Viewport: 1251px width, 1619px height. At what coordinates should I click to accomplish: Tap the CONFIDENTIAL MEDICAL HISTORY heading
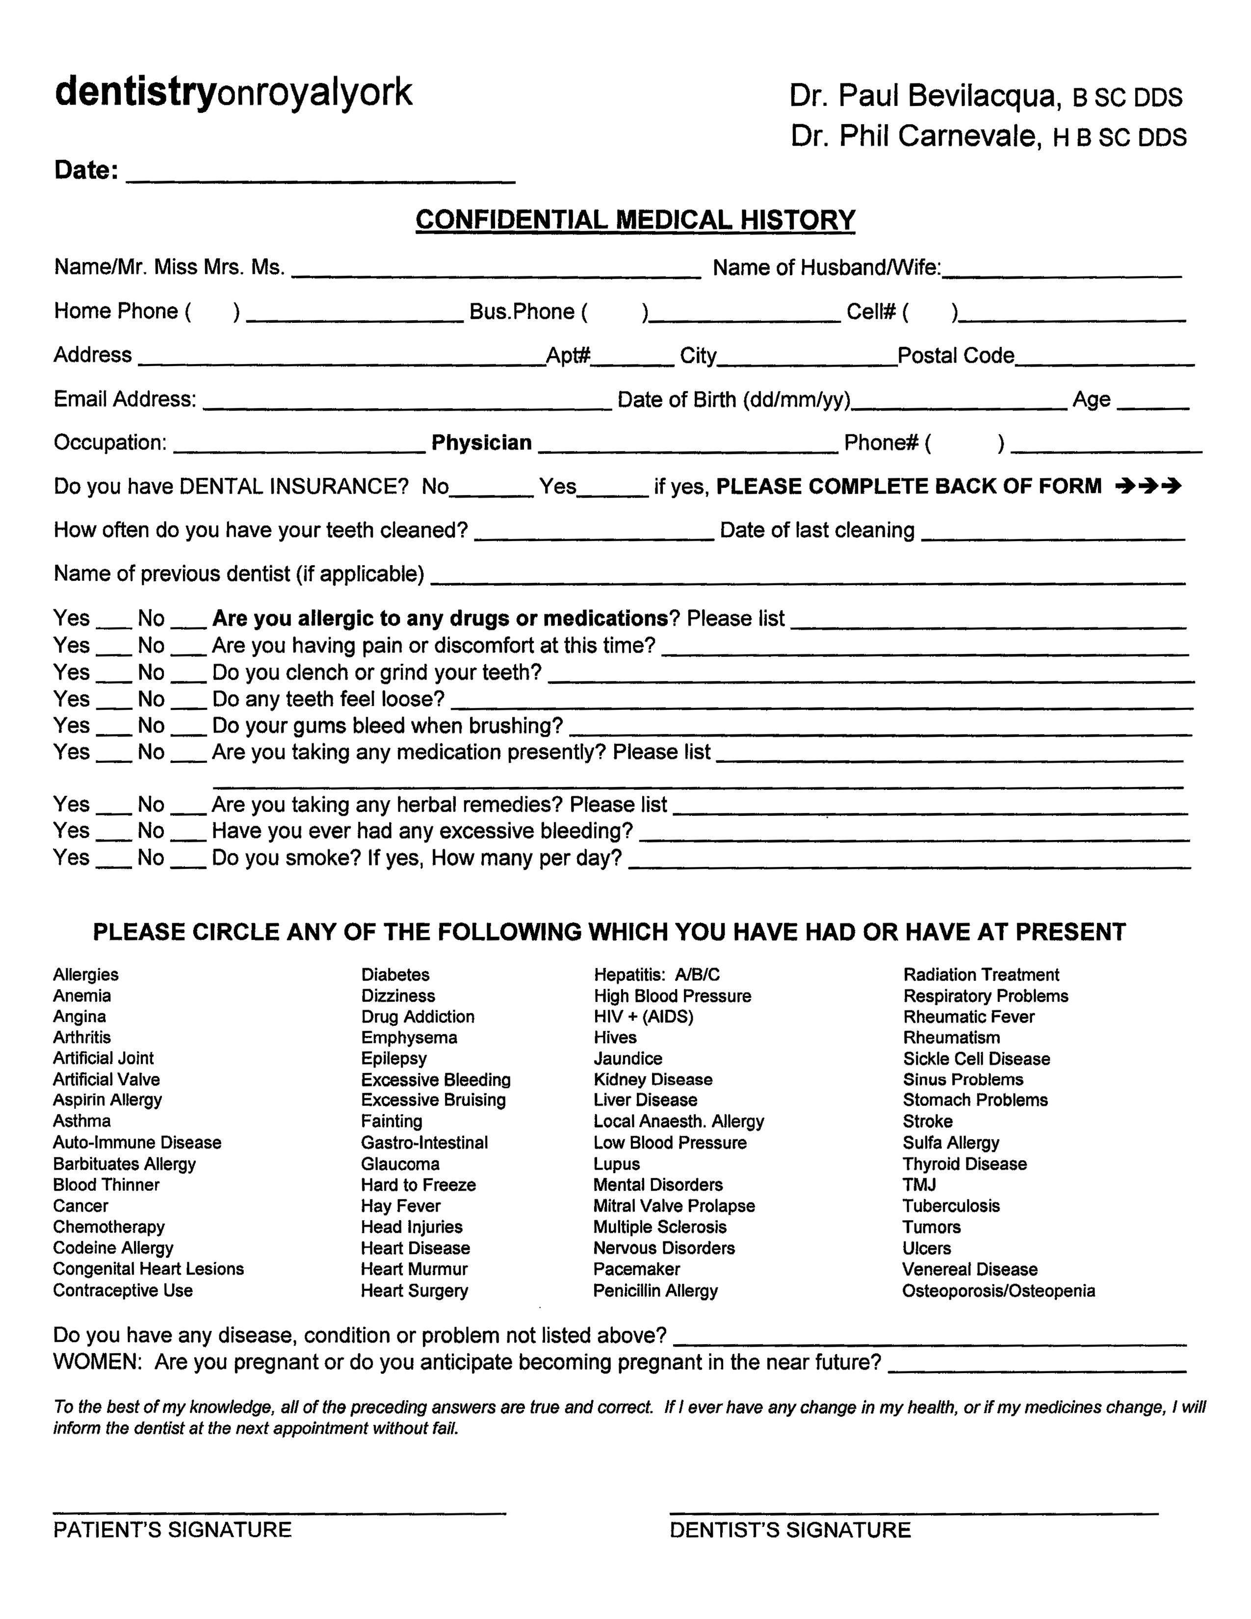(x=635, y=220)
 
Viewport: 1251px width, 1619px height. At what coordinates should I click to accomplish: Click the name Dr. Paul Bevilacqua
(x=923, y=96)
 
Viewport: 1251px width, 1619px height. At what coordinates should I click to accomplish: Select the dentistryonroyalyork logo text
(x=234, y=93)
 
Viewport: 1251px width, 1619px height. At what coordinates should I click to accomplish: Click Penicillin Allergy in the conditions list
(x=655, y=1291)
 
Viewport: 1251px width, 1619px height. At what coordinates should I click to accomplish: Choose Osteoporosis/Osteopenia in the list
(x=998, y=1291)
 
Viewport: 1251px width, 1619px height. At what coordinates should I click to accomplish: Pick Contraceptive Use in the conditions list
(x=123, y=1291)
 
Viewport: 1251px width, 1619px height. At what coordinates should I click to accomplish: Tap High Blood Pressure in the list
(x=672, y=995)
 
